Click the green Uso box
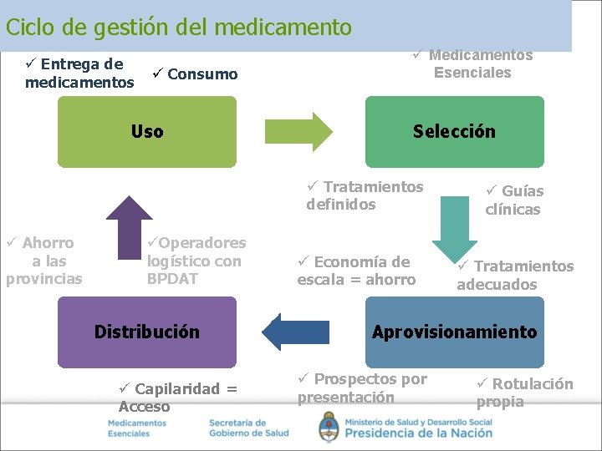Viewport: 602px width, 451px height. pyautogui.click(x=146, y=132)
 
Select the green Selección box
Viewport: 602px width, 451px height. pyautogui.click(x=454, y=132)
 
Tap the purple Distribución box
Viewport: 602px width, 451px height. pyautogui.click(x=146, y=332)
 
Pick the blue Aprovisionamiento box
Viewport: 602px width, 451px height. pyautogui.click(x=454, y=332)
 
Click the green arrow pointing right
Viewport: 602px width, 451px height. pyautogui.click(x=298, y=131)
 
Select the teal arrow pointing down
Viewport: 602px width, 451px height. pyautogui.click(x=455, y=226)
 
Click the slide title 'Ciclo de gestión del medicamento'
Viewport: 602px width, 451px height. pyautogui.click(x=178, y=28)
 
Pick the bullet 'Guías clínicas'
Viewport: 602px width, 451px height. pyautogui.click(x=513, y=200)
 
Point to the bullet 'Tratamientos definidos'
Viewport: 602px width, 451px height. pyautogui.click(x=365, y=195)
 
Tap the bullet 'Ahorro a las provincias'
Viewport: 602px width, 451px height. pyautogui.click(x=43, y=261)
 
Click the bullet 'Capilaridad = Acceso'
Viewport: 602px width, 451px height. pyautogui.click(x=177, y=398)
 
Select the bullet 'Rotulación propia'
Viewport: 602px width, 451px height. pyautogui.click(x=524, y=393)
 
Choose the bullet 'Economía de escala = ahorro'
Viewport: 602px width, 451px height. pyautogui.click(x=356, y=271)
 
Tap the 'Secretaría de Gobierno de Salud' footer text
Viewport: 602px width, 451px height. pyautogui.click(x=248, y=428)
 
